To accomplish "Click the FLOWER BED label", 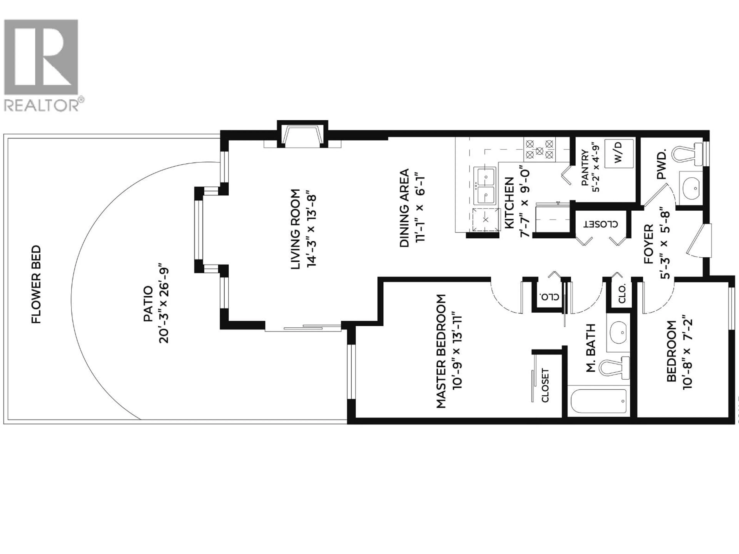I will pos(36,285).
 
